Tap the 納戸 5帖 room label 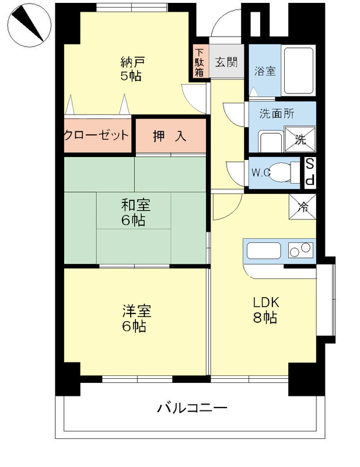[x=132, y=68]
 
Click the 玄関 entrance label [x=225, y=62]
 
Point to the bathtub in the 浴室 [x=299, y=70]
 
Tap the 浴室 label [x=265, y=71]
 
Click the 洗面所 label [x=277, y=114]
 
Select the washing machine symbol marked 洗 [x=300, y=139]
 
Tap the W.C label [x=260, y=173]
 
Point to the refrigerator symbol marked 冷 [x=303, y=205]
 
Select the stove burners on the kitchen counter [x=300, y=250]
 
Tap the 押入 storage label [x=170, y=137]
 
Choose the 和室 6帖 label [x=135, y=212]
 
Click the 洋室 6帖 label [x=135, y=318]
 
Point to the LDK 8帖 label [x=265, y=310]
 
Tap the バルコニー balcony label [x=191, y=408]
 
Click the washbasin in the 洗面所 [x=270, y=142]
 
